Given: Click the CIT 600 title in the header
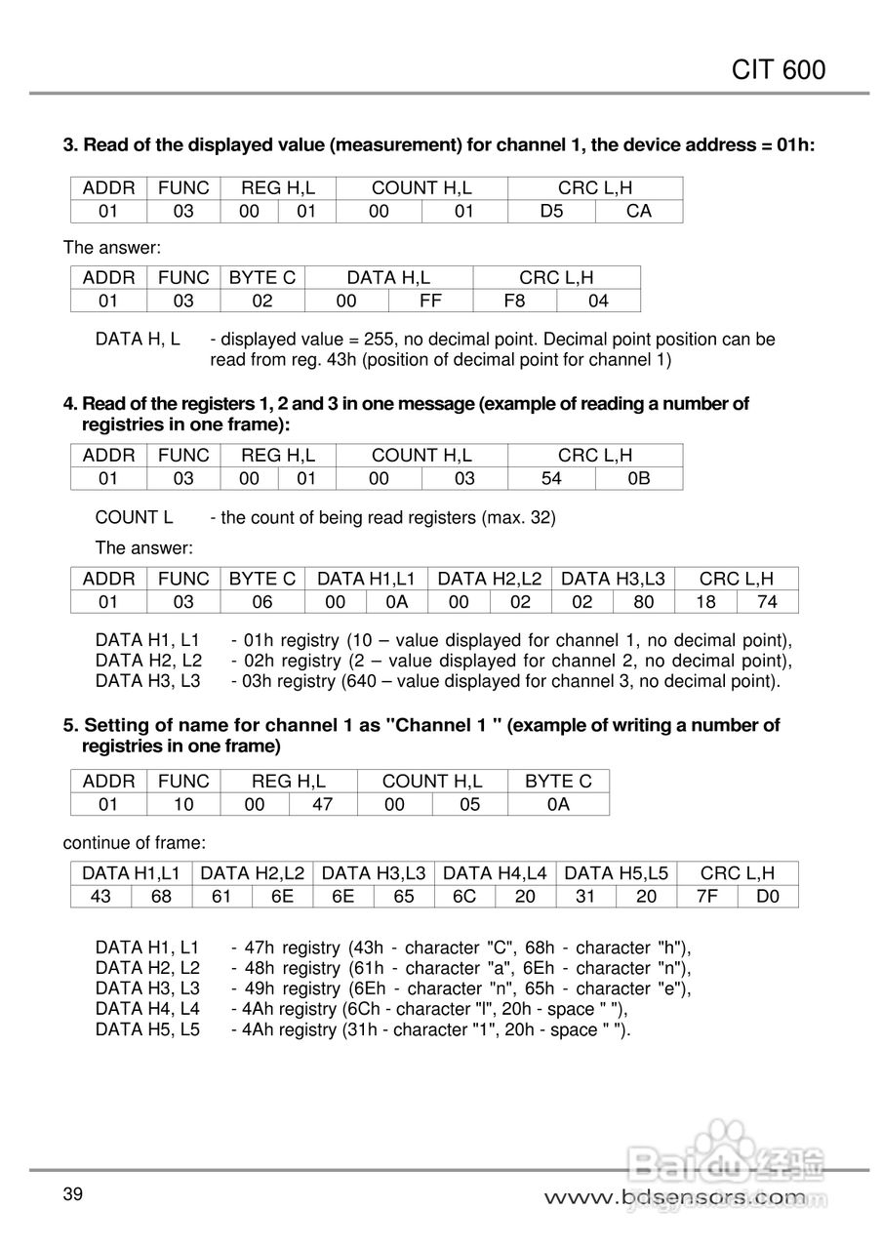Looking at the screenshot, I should click(x=778, y=69).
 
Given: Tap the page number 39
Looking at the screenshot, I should click(x=73, y=1194).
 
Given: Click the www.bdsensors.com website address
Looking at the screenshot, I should click(x=674, y=1196).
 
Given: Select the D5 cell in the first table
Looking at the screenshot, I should click(x=551, y=211).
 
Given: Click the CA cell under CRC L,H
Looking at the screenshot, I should click(x=638, y=211).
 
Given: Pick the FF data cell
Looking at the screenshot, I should click(x=430, y=301).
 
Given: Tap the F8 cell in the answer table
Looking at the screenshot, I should click(x=514, y=301).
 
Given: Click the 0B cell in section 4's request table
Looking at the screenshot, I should click(x=638, y=478).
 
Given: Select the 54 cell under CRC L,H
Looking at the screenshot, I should click(x=551, y=478).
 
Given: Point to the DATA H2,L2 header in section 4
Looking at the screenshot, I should click(x=489, y=579).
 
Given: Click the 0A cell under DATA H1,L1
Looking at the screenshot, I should click(x=396, y=602).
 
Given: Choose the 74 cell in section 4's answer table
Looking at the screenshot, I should click(x=767, y=602).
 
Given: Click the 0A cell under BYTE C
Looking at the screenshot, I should click(x=558, y=804).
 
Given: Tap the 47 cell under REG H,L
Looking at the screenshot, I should click(x=322, y=804).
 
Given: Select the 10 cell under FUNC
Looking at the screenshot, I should click(x=183, y=804).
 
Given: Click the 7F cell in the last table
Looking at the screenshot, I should click(x=707, y=896).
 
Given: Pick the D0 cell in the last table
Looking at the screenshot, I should click(x=768, y=896).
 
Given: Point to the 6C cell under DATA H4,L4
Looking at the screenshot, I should click(x=464, y=896).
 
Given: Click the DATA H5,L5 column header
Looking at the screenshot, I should click(x=617, y=873).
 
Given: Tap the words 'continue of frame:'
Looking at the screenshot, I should click(x=135, y=841).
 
